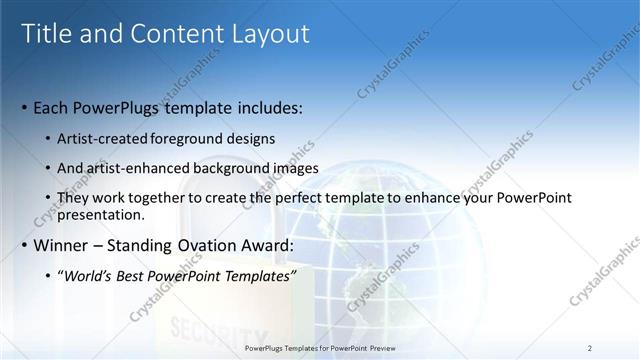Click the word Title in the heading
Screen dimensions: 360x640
click(x=48, y=34)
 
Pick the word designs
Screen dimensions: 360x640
click(x=253, y=138)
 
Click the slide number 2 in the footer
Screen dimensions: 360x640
click(x=590, y=348)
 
